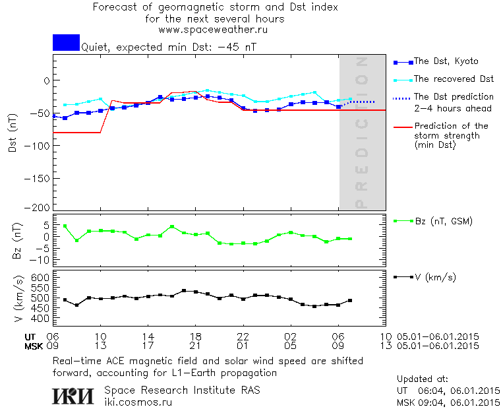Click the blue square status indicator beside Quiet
click(x=66, y=42)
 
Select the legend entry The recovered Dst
click(x=454, y=79)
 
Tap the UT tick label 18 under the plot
click(x=196, y=336)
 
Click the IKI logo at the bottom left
click(x=74, y=396)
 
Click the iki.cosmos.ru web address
click(x=139, y=402)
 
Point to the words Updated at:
click(x=422, y=379)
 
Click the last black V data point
click(x=350, y=300)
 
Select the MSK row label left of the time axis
click(x=34, y=345)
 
